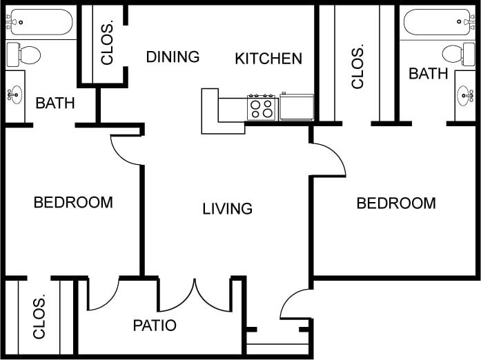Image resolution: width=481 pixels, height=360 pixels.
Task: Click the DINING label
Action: [x=173, y=57]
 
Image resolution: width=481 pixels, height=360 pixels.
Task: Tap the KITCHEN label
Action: [x=268, y=59]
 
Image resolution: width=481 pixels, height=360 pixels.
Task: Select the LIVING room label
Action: [x=227, y=208]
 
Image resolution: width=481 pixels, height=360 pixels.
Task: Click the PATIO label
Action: [x=155, y=326]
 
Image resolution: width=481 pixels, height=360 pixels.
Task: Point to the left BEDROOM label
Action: [x=73, y=203]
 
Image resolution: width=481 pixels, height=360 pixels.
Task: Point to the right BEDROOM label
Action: [x=396, y=203]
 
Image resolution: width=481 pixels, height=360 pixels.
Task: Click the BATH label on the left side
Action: [x=55, y=103]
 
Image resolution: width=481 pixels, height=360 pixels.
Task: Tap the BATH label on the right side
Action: [x=429, y=74]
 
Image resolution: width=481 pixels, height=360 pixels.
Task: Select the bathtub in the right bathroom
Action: [x=440, y=22]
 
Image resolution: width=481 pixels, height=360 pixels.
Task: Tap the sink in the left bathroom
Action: [x=14, y=96]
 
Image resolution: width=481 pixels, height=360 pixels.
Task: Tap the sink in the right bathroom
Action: [x=466, y=94]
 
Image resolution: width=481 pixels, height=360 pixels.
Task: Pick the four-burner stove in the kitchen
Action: [x=262, y=108]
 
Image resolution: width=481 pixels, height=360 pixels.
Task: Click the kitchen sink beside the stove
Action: [x=297, y=107]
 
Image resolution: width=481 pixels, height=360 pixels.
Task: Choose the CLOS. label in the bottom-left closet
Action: [x=39, y=318]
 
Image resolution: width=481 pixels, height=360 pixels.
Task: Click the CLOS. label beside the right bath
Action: [x=357, y=68]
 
